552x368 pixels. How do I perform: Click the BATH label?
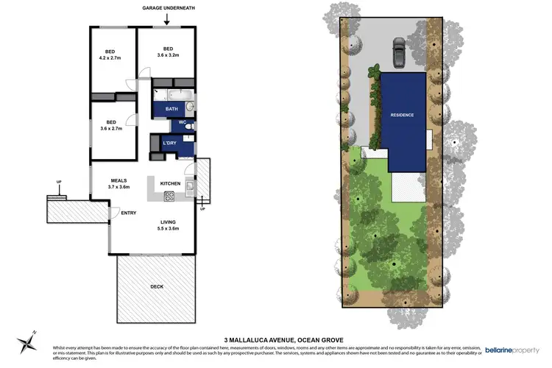click(171, 109)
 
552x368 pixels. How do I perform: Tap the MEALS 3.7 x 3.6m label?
click(120, 183)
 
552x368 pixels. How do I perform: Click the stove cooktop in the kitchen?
click(169, 196)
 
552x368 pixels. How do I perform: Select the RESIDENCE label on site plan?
click(402, 115)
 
